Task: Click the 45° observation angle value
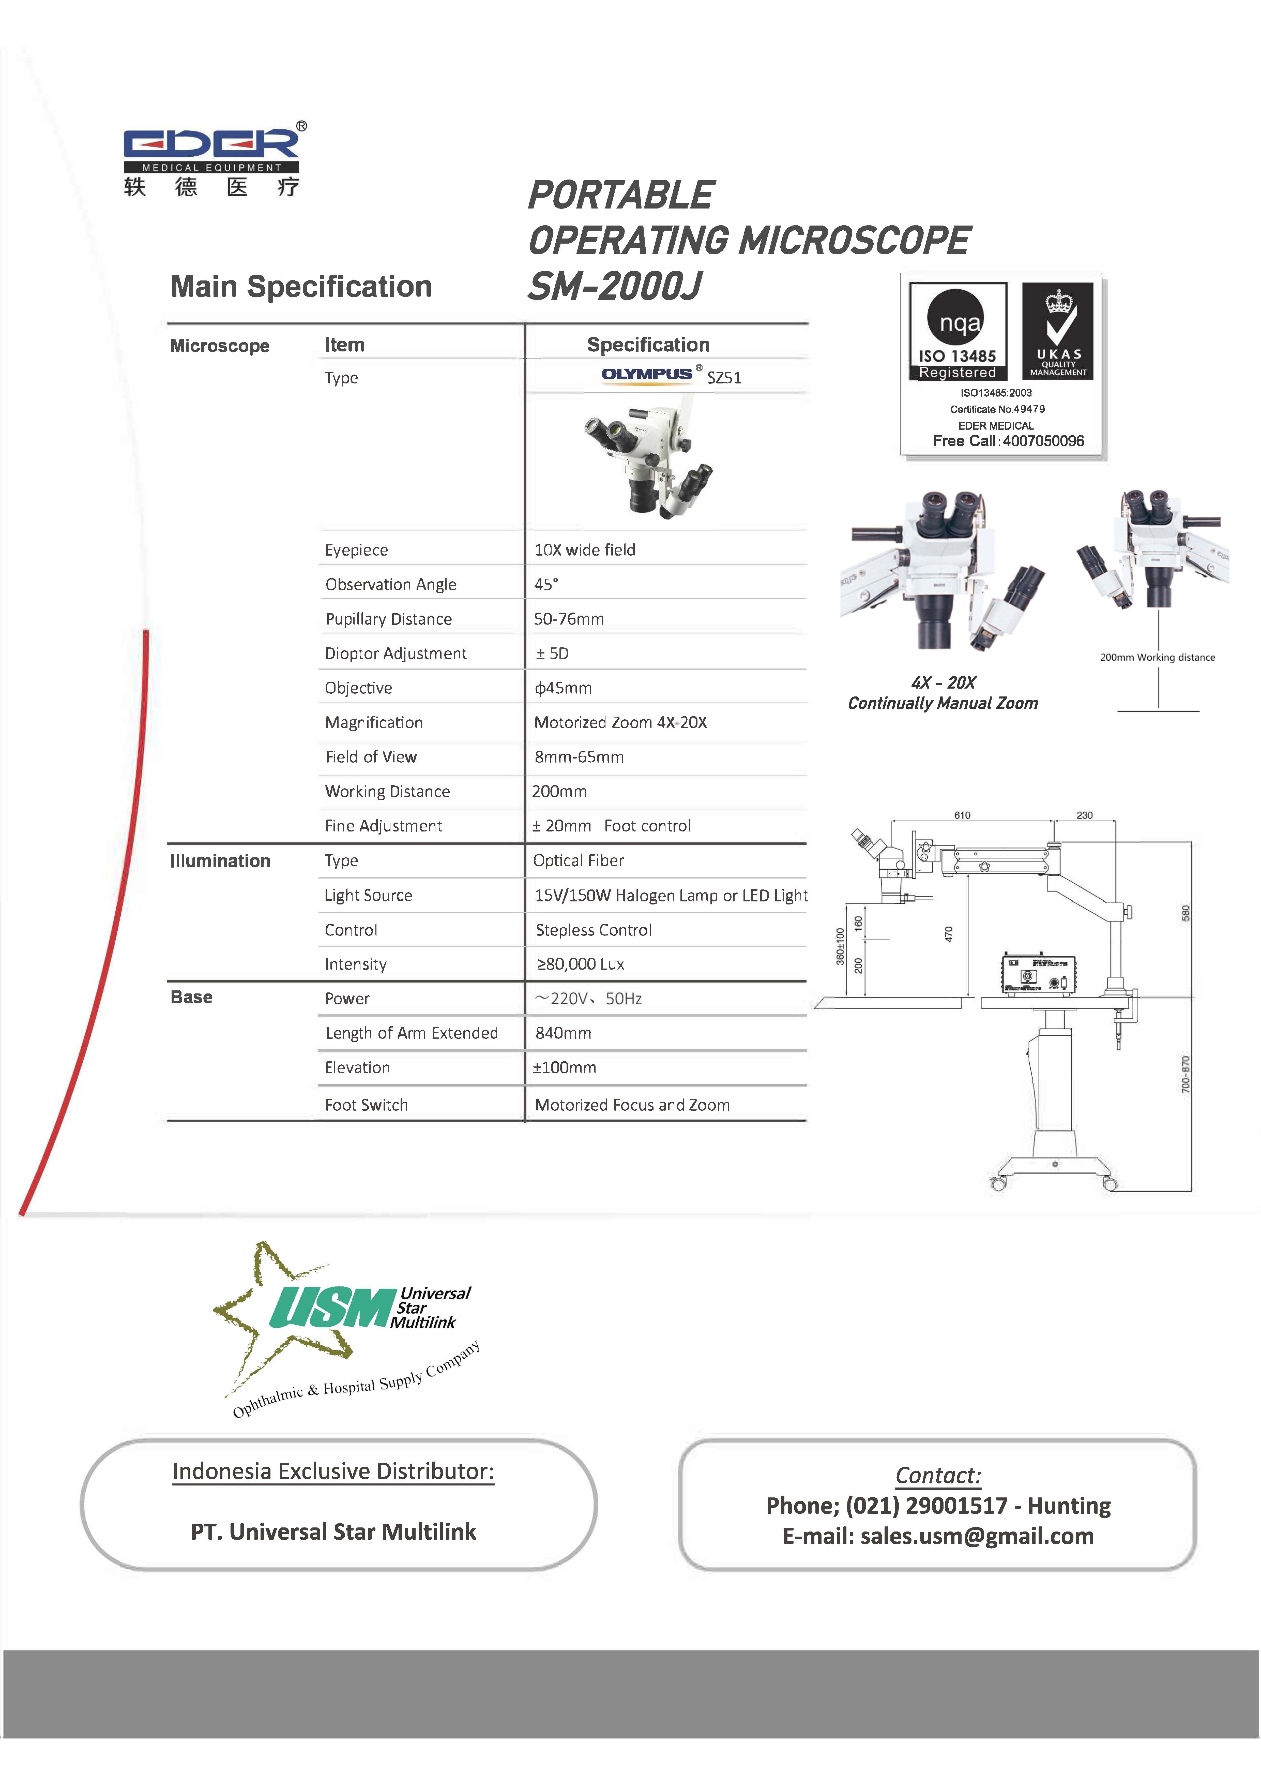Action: click(546, 584)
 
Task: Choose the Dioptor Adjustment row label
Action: click(396, 653)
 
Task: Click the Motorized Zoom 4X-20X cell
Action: click(620, 723)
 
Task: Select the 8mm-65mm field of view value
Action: click(579, 757)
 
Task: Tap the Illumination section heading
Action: click(220, 861)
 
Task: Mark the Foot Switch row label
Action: click(366, 1105)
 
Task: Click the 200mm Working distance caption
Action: click(1157, 657)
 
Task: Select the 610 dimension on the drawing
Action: click(962, 815)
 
